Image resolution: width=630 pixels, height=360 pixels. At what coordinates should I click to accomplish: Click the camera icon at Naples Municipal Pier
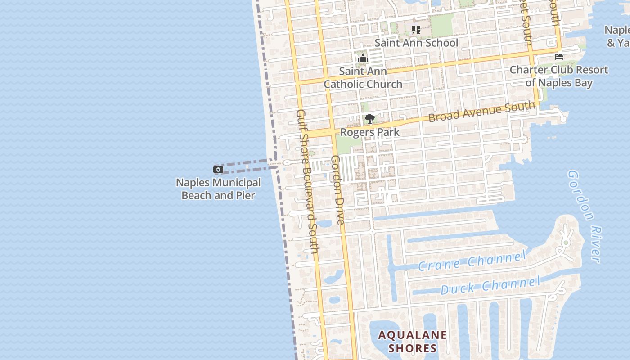coord(218,170)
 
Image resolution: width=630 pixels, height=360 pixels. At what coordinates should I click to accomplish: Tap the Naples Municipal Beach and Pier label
coord(218,189)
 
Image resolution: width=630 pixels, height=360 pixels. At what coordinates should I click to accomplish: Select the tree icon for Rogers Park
coord(370,119)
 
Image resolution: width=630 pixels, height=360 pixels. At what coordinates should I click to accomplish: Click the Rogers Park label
coord(370,132)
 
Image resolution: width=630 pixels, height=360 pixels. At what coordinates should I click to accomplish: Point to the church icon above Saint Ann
coord(363,58)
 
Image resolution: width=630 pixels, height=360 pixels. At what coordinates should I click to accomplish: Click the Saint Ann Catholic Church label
coord(363,78)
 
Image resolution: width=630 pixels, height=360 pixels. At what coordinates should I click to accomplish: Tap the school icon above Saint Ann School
coord(416,30)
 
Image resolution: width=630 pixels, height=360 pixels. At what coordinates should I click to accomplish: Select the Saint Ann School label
coord(416,43)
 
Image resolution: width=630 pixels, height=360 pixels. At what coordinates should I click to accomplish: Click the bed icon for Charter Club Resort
coord(559,57)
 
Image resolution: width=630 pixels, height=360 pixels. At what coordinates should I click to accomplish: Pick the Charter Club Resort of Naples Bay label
coord(559,76)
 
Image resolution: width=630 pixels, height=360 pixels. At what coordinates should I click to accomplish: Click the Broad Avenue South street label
coord(481,112)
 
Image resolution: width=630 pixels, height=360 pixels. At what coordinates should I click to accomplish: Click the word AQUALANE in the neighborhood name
coord(413,335)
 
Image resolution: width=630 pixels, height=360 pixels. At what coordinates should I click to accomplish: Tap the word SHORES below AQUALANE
coord(413,348)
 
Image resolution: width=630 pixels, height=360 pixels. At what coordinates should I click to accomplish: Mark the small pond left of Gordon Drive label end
coord(324,224)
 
